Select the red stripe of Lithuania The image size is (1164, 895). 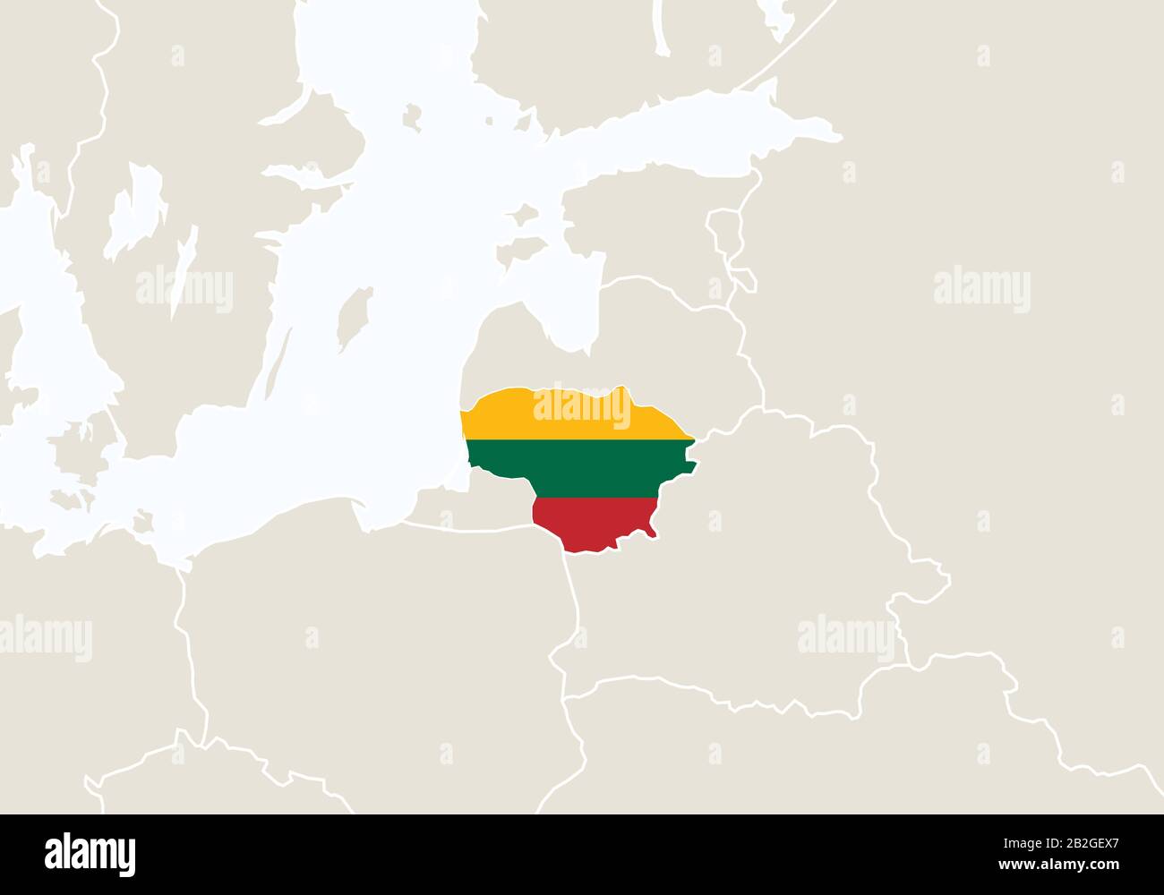[591, 524]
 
